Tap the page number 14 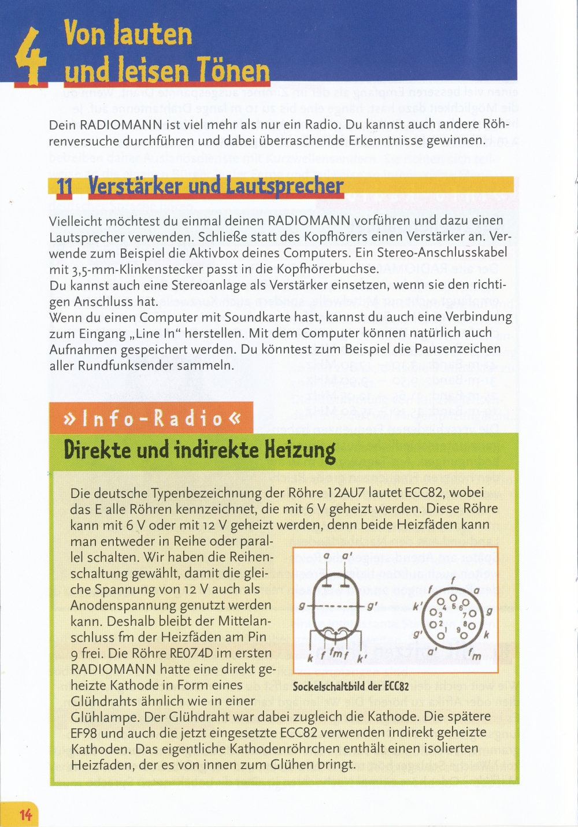(25, 815)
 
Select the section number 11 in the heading (64, 188)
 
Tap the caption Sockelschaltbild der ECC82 (351, 687)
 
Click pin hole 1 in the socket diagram (441, 636)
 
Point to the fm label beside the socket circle (475, 654)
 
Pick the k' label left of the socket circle (416, 608)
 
